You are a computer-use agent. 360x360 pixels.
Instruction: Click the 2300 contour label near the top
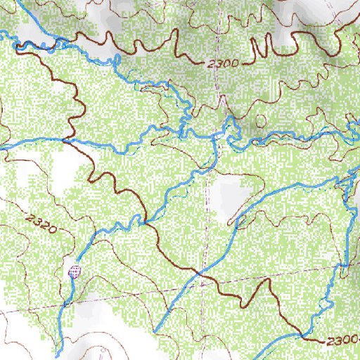pos(224,63)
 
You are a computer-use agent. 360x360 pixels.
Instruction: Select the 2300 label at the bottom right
pos(341,341)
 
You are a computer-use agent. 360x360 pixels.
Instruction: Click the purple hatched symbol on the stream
pos(74,270)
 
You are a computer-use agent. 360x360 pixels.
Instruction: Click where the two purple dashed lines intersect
pos(202,282)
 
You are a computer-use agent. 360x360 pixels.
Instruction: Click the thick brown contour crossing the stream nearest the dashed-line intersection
pos(200,271)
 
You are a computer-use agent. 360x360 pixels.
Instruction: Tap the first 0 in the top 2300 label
pos(229,63)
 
